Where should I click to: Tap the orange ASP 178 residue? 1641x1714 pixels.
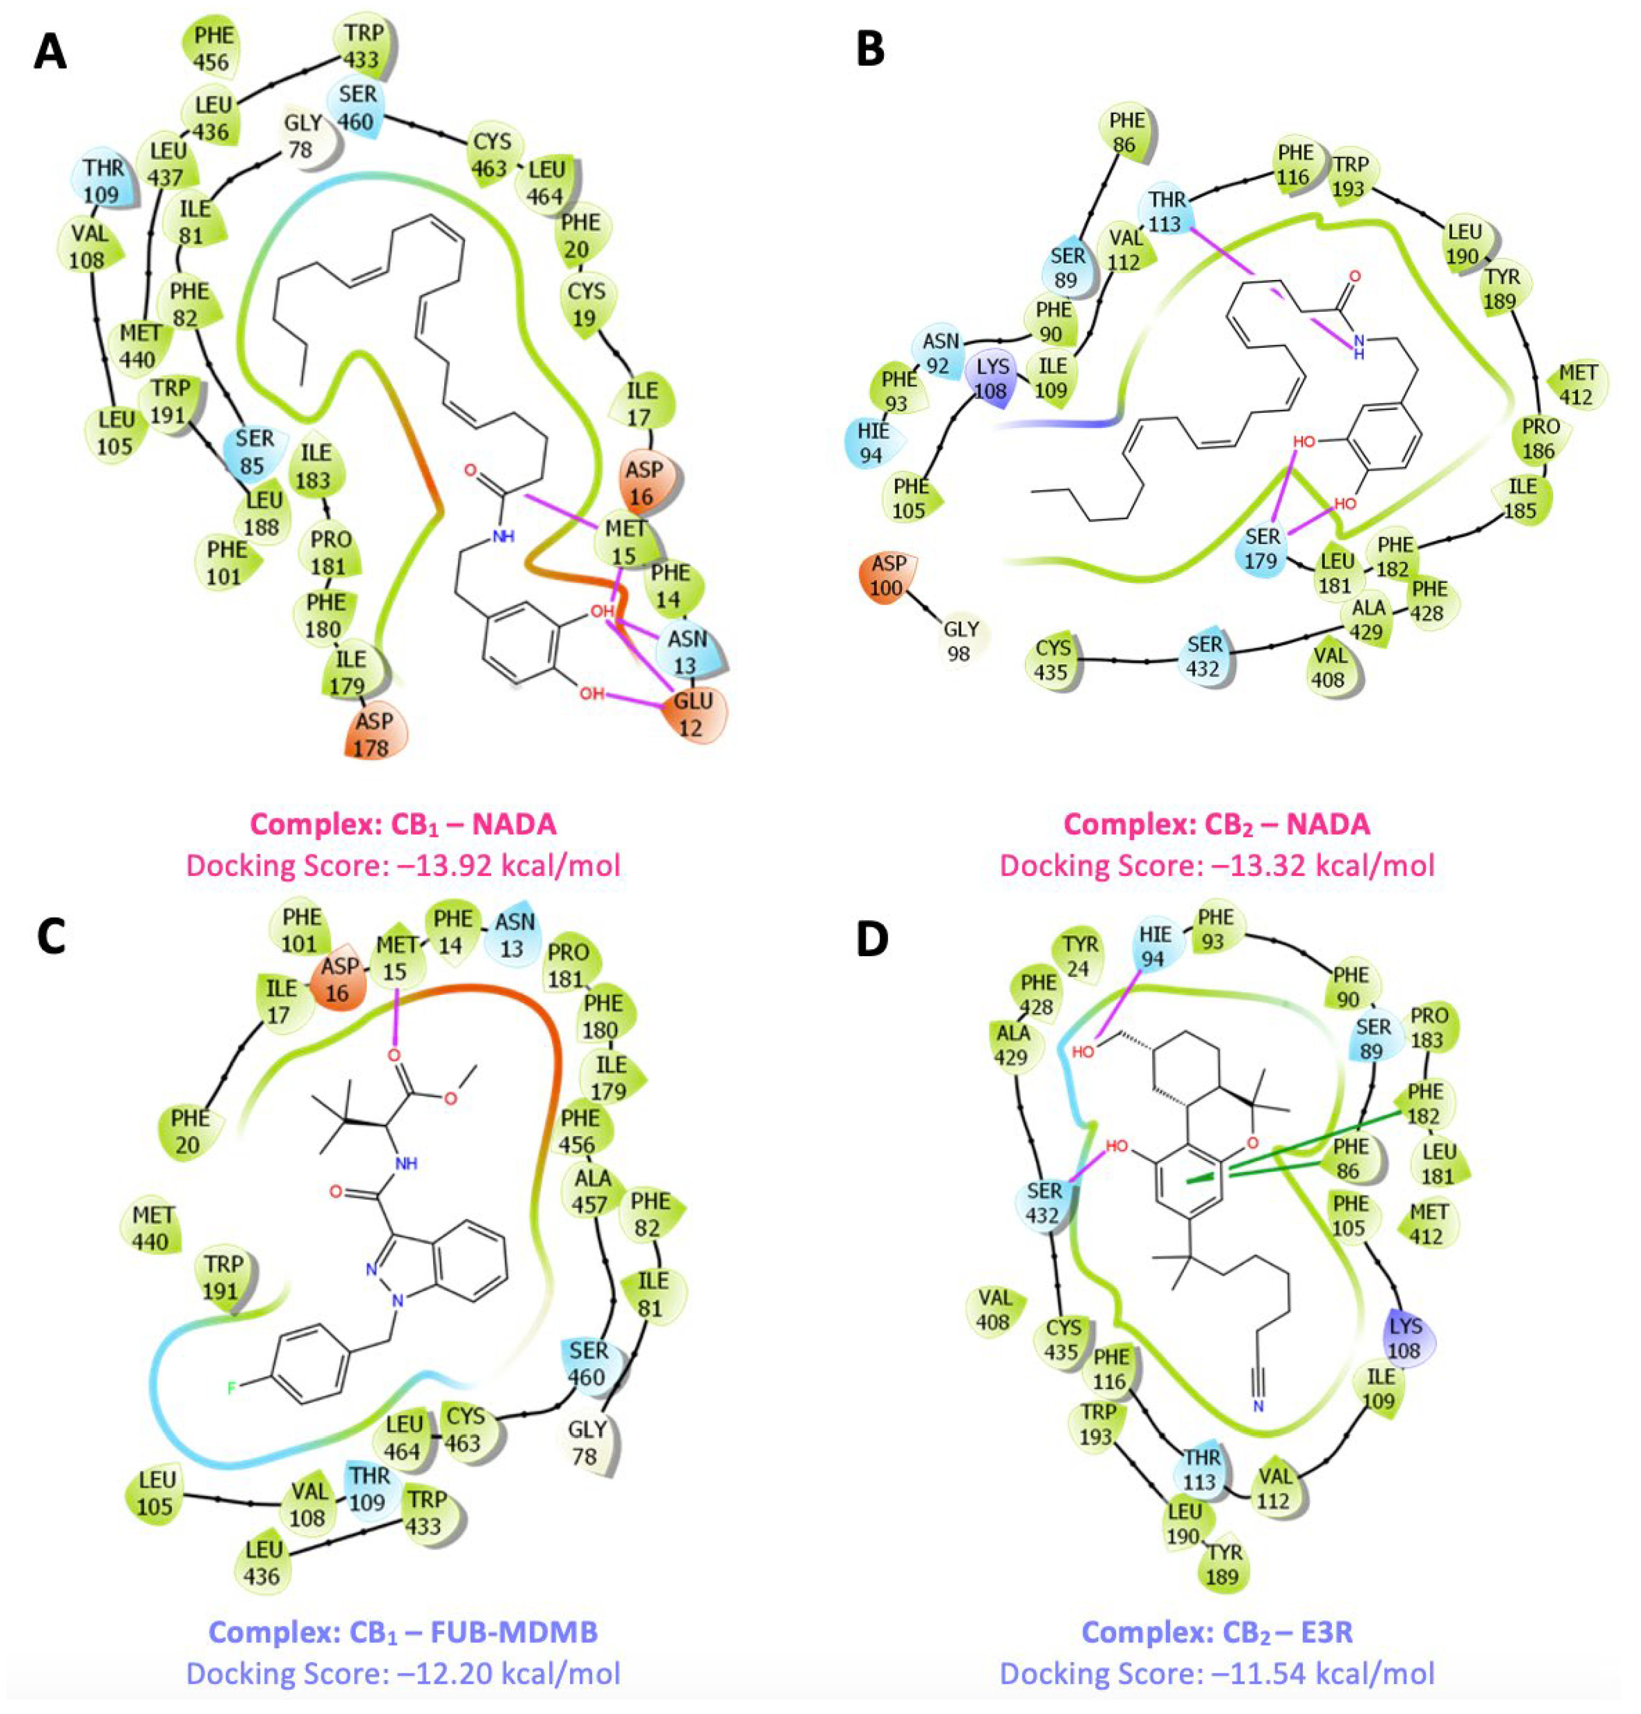(372, 734)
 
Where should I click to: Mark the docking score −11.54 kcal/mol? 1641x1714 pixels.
(1216, 1673)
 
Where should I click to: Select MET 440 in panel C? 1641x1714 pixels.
(153, 1227)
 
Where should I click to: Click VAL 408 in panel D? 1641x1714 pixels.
(995, 1309)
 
